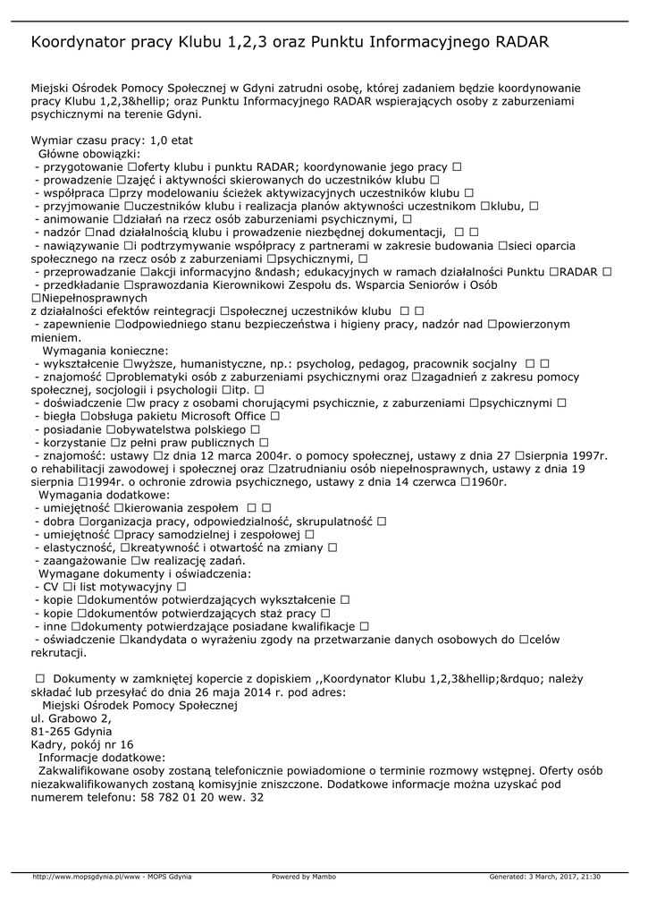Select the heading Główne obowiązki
click(x=97, y=154)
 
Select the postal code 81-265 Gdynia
click(x=65, y=731)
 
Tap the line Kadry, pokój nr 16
click(x=82, y=744)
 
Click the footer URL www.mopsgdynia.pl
click(x=86, y=877)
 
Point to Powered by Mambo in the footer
click(x=304, y=877)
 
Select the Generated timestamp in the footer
click(x=544, y=877)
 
